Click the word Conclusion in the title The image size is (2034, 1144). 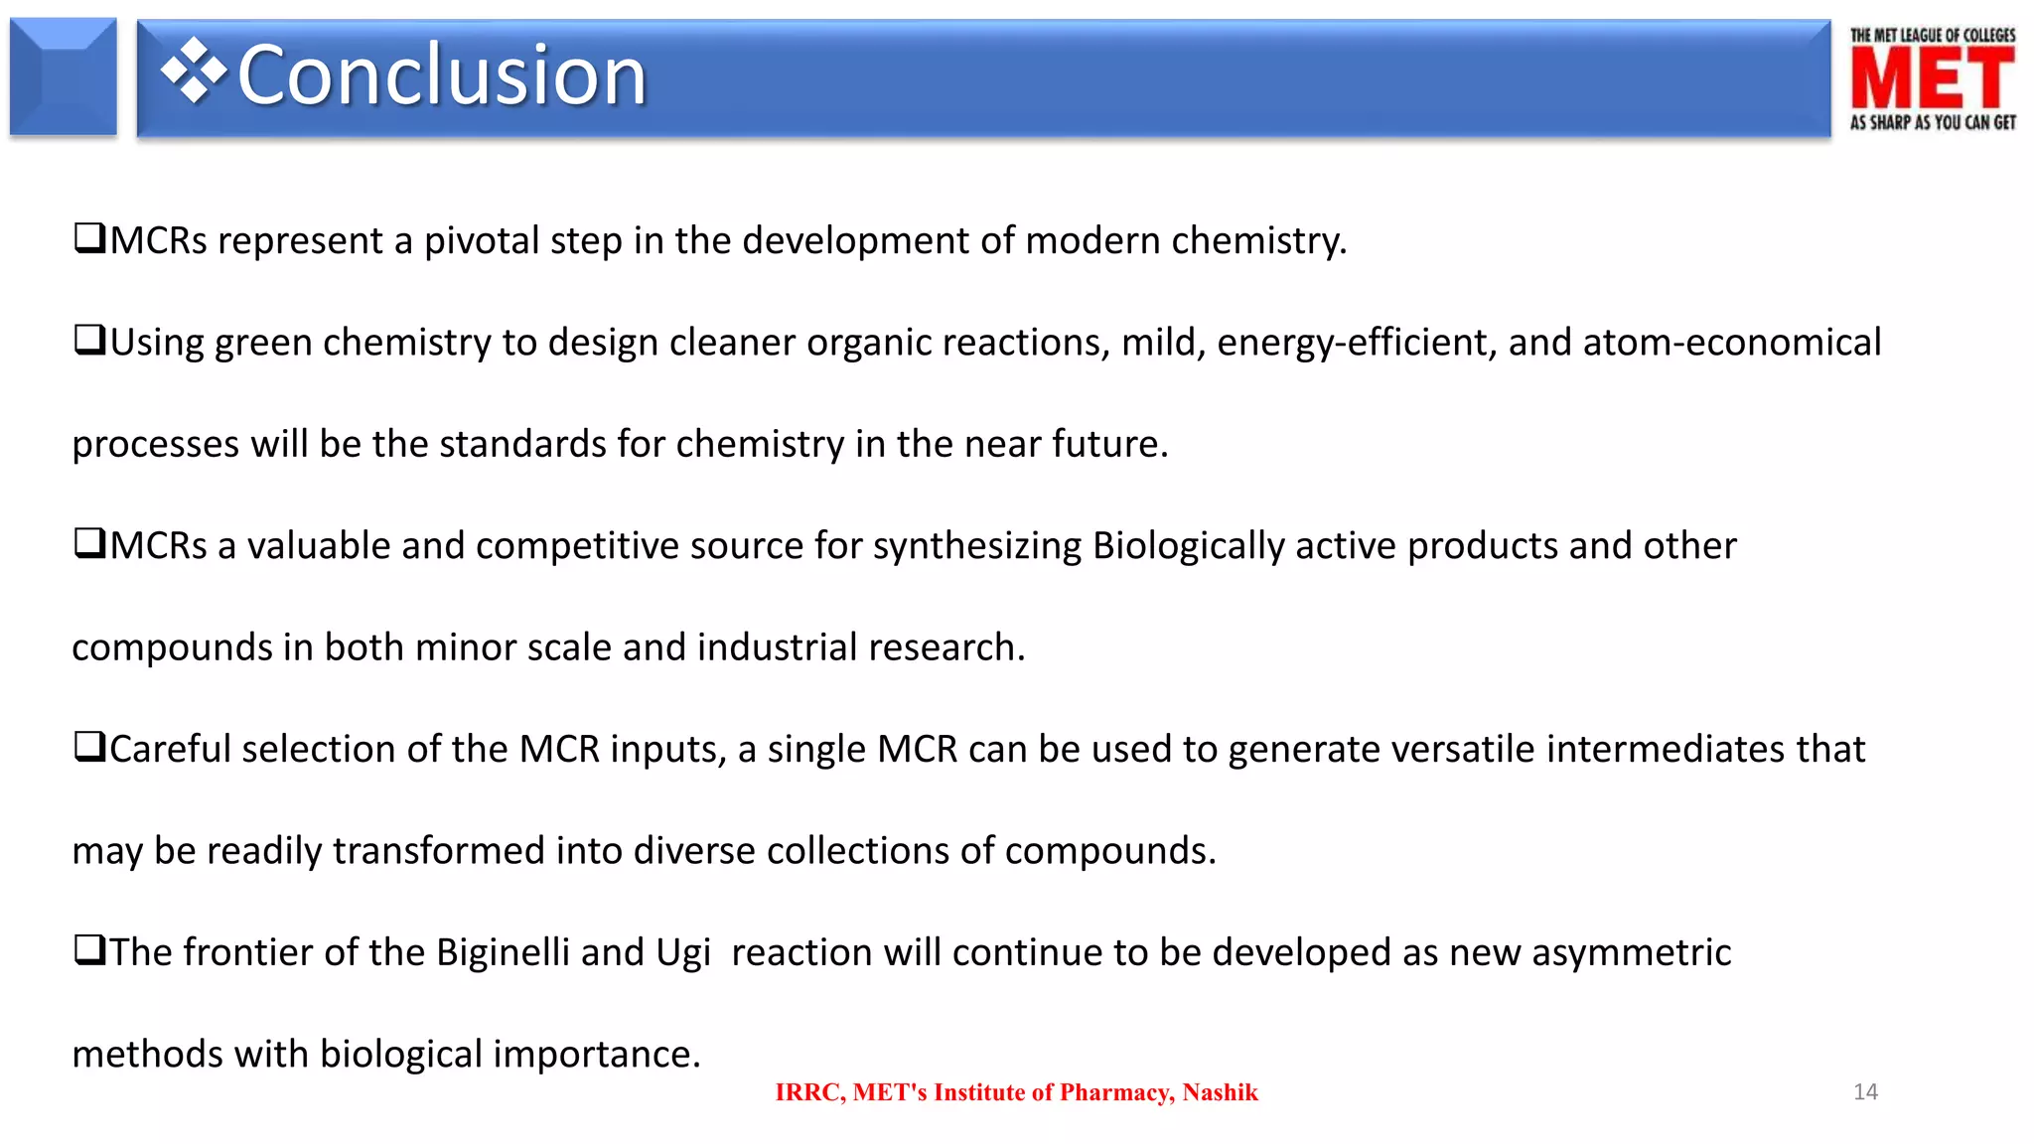click(x=442, y=75)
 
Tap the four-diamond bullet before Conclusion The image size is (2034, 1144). click(x=194, y=71)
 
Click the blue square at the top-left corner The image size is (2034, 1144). click(x=64, y=76)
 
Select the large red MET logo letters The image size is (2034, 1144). click(x=1932, y=79)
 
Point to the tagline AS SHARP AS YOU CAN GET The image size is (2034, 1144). click(x=1932, y=122)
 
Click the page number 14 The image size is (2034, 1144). click(x=1865, y=1091)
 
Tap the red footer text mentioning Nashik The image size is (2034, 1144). click(x=1016, y=1092)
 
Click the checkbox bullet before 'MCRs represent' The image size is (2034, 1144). click(x=89, y=238)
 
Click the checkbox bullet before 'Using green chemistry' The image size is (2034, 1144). click(x=89, y=340)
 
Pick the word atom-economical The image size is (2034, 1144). click(x=1731, y=343)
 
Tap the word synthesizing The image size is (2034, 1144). click(x=976, y=546)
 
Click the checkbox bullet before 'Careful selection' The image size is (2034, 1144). click(x=89, y=747)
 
